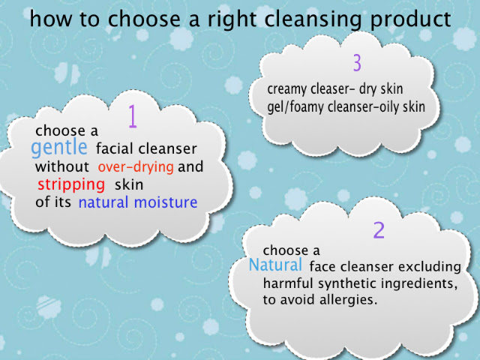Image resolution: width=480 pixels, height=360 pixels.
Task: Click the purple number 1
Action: (x=133, y=116)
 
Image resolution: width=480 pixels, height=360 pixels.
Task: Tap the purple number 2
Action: (x=379, y=230)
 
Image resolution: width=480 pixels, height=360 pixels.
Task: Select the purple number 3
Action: (x=357, y=63)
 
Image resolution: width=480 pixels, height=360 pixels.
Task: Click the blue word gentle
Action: (x=59, y=148)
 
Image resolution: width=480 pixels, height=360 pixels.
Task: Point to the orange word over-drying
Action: (x=136, y=167)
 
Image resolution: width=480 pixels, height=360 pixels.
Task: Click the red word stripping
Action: (x=71, y=185)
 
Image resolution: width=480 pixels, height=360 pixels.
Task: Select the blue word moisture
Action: (x=166, y=202)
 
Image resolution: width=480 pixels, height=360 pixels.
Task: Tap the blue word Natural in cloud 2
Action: (x=275, y=265)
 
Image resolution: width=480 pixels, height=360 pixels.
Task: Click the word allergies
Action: (x=348, y=299)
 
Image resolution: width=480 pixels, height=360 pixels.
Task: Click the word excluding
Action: (x=430, y=266)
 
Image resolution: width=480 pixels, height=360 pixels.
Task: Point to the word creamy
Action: (x=286, y=89)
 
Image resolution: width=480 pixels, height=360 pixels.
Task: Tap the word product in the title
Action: (x=410, y=19)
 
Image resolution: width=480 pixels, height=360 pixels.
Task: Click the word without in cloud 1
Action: (x=61, y=166)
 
